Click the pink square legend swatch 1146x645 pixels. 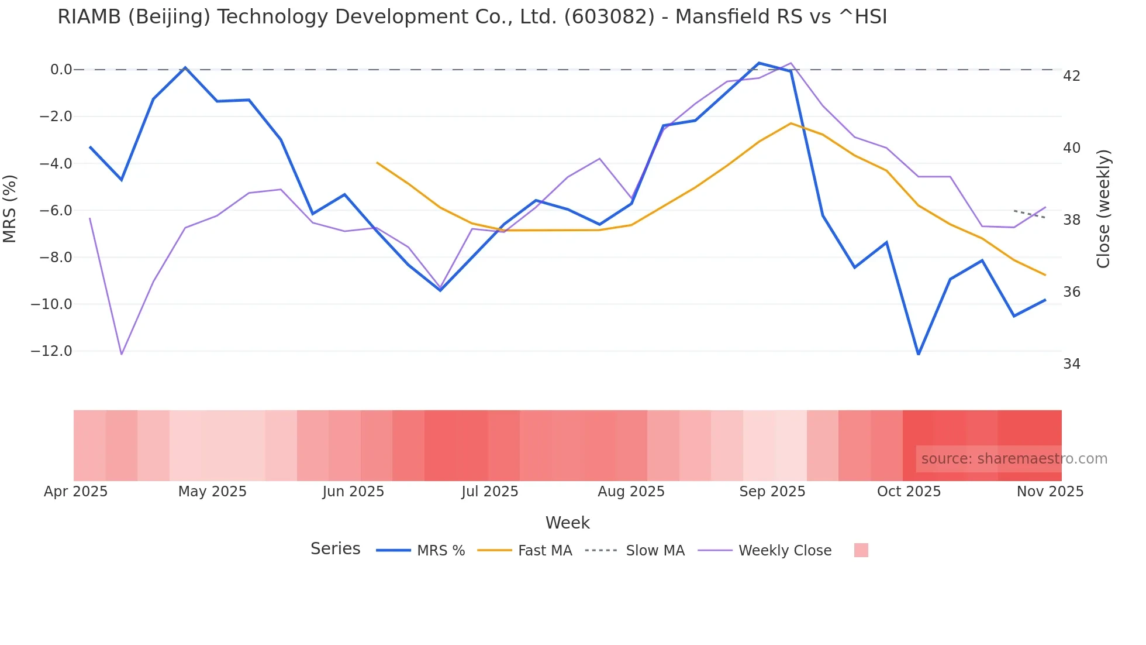coord(861,550)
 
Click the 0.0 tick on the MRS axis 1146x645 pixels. coord(61,70)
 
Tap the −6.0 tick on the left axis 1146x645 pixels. coord(56,210)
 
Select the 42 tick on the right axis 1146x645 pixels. coord(1072,76)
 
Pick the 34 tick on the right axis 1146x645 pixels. coord(1072,364)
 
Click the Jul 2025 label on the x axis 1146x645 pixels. coord(489,492)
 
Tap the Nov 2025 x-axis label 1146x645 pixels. coord(1050,492)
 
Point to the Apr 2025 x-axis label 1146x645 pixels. coord(76,492)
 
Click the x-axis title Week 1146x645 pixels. coord(567,523)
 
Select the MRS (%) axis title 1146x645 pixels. coord(10,208)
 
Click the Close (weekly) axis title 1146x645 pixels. coord(1103,209)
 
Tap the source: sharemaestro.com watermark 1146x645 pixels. coord(1014,459)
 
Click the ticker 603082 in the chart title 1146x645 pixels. coord(609,17)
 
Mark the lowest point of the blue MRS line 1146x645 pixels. coord(919,354)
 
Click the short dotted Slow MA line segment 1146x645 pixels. coord(1029,214)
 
